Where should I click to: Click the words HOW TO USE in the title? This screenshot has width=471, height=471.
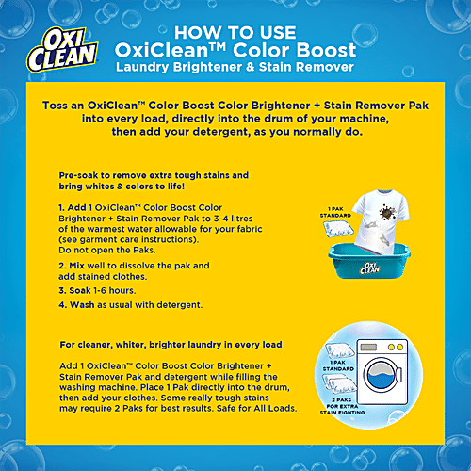point(235,27)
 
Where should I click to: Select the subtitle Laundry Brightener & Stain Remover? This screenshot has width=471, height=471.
point(235,68)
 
